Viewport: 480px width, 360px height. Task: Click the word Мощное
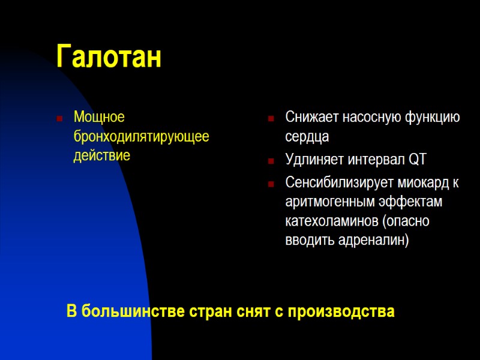coord(99,116)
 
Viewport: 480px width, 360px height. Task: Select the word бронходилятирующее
coord(141,136)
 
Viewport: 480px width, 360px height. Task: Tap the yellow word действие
coord(101,156)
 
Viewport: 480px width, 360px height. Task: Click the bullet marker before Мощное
coord(59,118)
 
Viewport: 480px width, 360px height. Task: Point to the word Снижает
coord(311,116)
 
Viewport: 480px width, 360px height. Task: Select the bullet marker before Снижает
coord(271,118)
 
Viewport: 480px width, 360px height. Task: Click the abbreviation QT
coord(418,160)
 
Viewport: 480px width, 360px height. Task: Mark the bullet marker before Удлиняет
coord(271,161)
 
